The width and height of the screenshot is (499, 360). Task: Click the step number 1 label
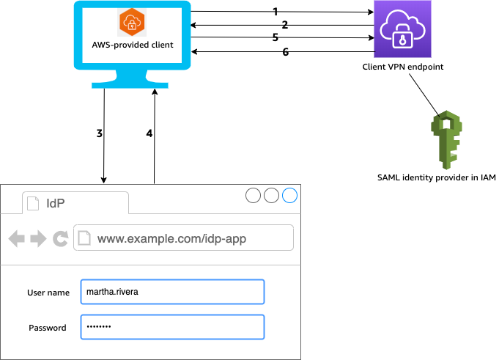click(275, 12)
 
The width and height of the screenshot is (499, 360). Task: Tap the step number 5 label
click(275, 37)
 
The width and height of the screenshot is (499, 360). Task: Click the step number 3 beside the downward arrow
click(99, 133)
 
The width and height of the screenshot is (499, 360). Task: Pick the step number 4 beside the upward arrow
click(149, 133)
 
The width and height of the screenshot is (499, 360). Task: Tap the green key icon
click(445, 139)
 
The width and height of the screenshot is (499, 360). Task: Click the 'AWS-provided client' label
click(133, 45)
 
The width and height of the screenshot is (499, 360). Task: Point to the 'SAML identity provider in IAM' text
click(437, 177)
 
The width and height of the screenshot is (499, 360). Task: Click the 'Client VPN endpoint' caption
click(402, 67)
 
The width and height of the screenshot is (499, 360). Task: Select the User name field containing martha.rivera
click(171, 292)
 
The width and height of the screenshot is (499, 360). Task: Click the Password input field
click(171, 327)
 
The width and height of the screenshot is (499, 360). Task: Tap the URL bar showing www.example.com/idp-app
click(183, 238)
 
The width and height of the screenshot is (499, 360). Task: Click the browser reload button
click(61, 238)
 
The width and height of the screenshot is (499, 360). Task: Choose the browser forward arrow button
click(38, 238)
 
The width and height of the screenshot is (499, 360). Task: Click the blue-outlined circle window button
click(290, 195)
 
